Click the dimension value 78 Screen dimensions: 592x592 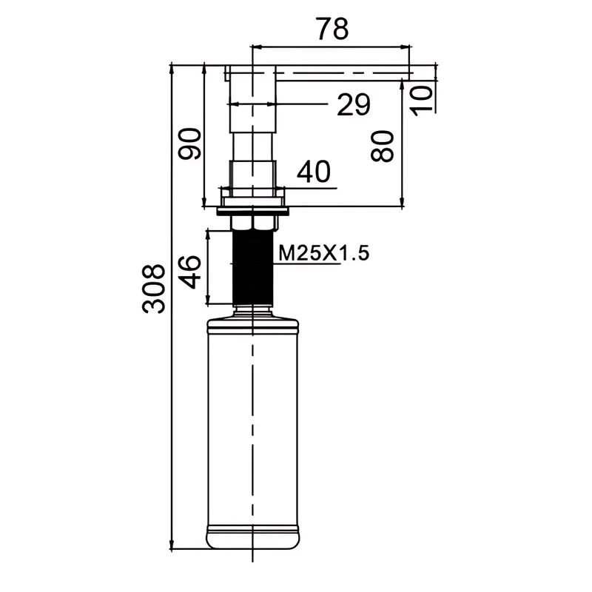(332, 29)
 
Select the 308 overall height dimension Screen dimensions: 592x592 (154, 289)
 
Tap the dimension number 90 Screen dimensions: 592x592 (190, 144)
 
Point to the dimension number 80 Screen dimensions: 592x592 (382, 146)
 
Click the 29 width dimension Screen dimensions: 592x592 (354, 104)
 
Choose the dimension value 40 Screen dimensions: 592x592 (313, 172)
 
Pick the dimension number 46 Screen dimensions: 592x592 (190, 272)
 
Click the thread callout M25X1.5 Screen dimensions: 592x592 (323, 253)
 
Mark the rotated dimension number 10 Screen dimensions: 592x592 (421, 101)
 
